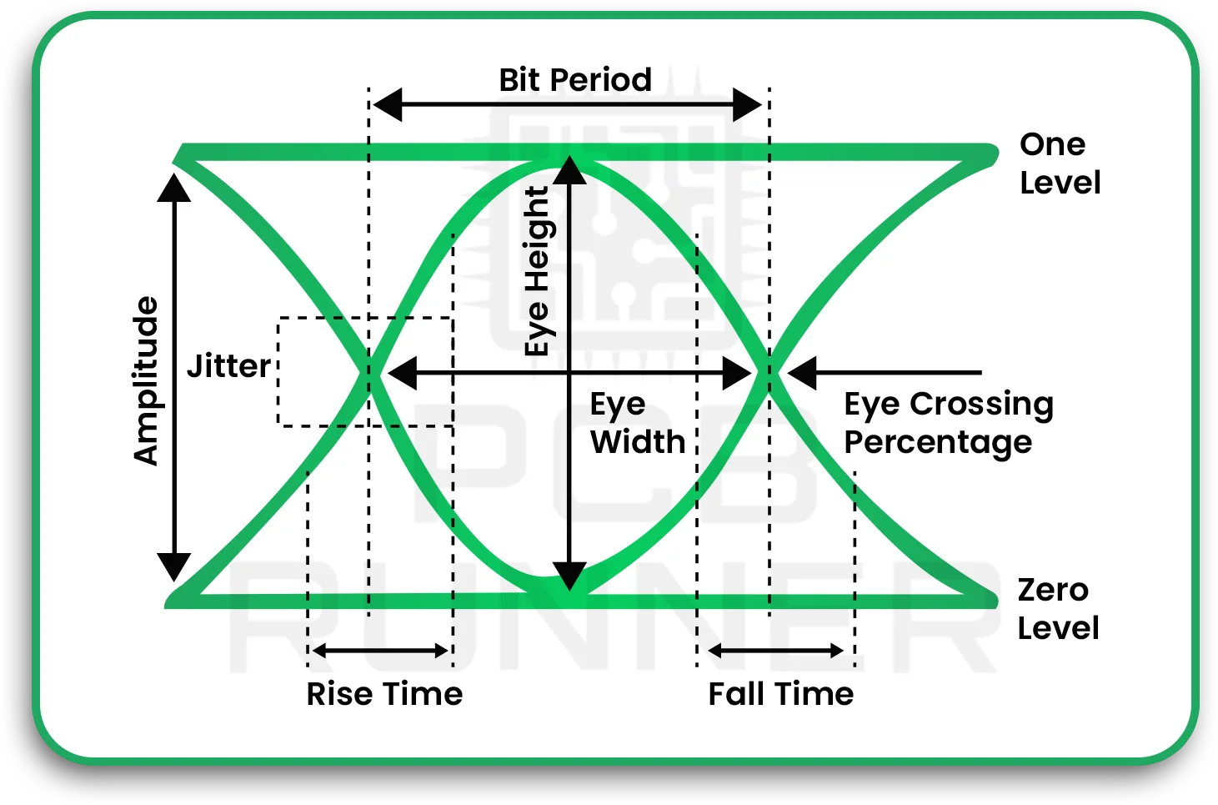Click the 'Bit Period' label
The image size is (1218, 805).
574,80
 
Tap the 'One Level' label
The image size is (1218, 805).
1060,164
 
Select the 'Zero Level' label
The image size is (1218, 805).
1057,609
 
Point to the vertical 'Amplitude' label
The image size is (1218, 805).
146,380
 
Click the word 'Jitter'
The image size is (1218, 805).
228,366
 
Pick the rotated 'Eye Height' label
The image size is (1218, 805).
538,271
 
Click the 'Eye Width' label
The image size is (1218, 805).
637,423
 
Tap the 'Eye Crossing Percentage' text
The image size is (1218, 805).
948,423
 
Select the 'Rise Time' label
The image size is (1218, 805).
384,694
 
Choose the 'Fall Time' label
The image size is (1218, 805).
780,694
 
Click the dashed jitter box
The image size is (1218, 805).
364,372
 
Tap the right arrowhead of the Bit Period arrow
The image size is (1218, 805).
747,105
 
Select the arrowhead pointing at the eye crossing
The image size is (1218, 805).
803,373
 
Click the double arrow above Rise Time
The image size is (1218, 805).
380,651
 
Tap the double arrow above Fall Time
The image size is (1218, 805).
775,651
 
